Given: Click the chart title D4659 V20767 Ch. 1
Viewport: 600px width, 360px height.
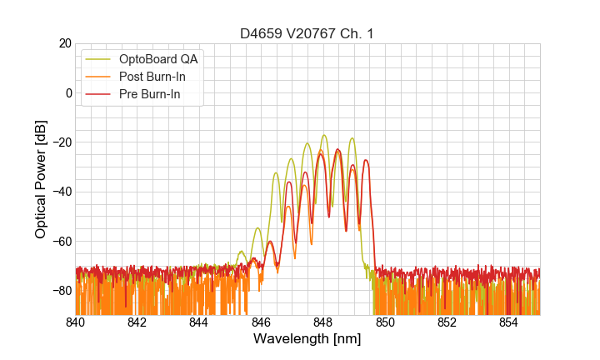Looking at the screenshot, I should (307, 33).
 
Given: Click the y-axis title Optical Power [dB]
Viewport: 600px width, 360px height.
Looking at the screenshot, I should (41, 179).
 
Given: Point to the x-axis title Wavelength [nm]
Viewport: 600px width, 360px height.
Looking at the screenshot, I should (307, 340).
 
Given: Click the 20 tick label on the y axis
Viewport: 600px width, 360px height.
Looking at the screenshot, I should (64, 43).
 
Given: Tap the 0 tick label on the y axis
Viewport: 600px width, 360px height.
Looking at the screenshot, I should (68, 92).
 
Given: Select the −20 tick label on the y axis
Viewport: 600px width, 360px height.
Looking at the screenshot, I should (61, 142).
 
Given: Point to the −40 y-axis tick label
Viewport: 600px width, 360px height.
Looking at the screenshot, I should (61, 192).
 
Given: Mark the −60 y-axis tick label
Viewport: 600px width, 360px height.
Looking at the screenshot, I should (61, 241).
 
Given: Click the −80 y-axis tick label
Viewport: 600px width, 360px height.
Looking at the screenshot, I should (61, 290).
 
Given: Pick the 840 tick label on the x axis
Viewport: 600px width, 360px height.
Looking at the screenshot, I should (75, 322).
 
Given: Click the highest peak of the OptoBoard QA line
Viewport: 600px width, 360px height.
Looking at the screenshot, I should (324, 135).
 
